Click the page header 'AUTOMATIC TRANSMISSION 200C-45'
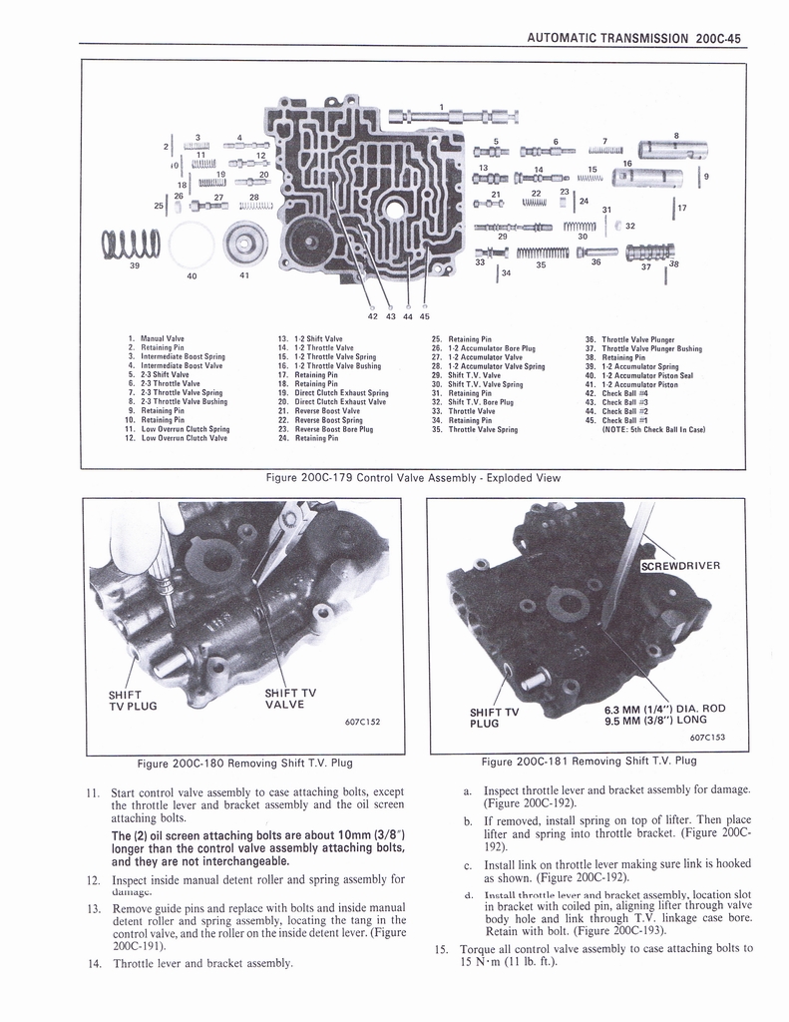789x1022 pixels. coord(631,39)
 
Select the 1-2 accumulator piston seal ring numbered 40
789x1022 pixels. coord(192,244)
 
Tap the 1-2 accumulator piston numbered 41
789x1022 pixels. coord(244,243)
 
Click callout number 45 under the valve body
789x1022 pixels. coord(425,317)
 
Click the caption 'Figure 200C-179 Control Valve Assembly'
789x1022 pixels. coord(413,478)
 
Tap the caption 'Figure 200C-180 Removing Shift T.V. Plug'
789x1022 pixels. coord(244,764)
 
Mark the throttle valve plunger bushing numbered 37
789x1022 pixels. coord(641,252)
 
